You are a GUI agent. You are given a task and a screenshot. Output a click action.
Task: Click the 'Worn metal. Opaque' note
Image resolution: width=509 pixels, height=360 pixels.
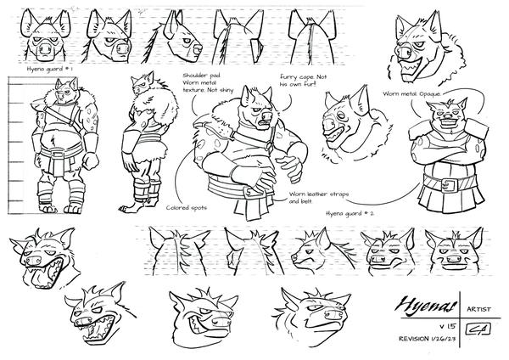point(415,94)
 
